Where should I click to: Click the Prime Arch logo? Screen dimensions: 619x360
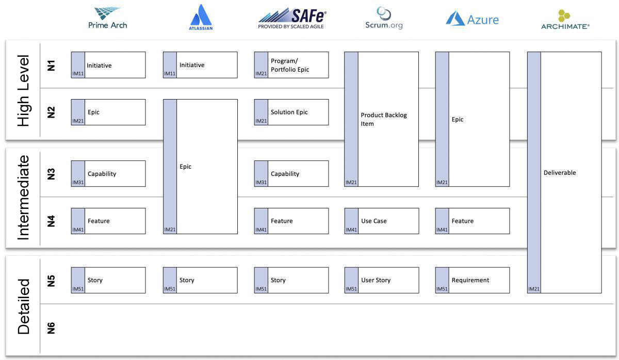(x=107, y=18)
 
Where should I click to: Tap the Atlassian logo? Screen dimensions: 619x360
(x=201, y=17)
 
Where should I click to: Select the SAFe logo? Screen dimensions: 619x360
(x=292, y=19)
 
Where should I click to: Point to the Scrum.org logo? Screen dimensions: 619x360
(x=384, y=18)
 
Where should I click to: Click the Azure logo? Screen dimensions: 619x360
(x=473, y=19)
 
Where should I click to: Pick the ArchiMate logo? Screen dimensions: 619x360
(x=565, y=20)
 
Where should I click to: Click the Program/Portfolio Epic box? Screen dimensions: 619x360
(x=291, y=65)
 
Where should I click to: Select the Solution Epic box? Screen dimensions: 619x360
(x=291, y=112)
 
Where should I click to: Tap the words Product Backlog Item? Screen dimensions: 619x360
(x=384, y=119)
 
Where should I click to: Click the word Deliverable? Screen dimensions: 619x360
(x=560, y=173)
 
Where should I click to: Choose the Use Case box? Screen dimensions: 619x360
(x=382, y=221)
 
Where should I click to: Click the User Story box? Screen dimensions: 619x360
(x=382, y=280)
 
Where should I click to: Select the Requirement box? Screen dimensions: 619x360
(x=473, y=280)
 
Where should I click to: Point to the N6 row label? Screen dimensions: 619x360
(x=51, y=328)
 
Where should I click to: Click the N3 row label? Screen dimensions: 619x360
(x=51, y=174)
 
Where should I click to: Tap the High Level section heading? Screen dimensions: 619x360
(x=24, y=91)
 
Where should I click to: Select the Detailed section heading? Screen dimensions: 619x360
(x=24, y=306)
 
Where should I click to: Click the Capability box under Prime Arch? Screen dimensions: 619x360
(x=108, y=173)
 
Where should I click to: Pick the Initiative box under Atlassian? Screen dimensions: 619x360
(x=200, y=65)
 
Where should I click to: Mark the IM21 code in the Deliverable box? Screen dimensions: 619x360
(x=533, y=289)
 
